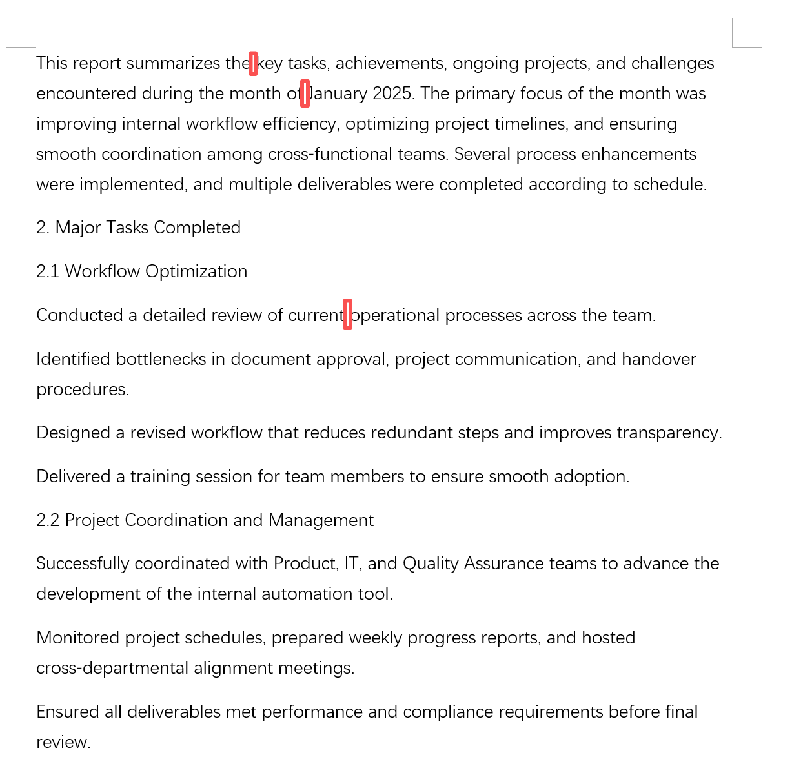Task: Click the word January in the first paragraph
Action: tap(340, 93)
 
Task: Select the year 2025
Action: tap(392, 93)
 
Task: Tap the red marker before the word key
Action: tap(253, 63)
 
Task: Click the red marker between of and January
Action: tap(305, 93)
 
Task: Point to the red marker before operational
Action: tap(347, 315)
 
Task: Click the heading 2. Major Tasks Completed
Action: tap(138, 228)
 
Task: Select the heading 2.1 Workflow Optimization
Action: tap(141, 271)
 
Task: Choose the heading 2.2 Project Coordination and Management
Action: tap(205, 520)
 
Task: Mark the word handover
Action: tap(658, 359)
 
